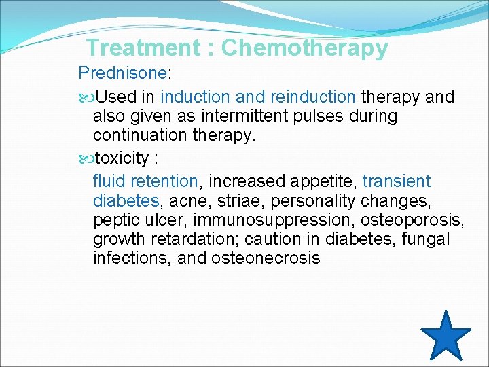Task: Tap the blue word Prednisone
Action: [x=122, y=73]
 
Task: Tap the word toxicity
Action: [x=122, y=158]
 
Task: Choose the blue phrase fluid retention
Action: [x=145, y=181]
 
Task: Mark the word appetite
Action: [x=324, y=181]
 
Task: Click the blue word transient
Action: [x=397, y=181]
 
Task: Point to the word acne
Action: [x=187, y=201]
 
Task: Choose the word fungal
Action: [x=426, y=239]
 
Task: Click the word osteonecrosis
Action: [x=266, y=258]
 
